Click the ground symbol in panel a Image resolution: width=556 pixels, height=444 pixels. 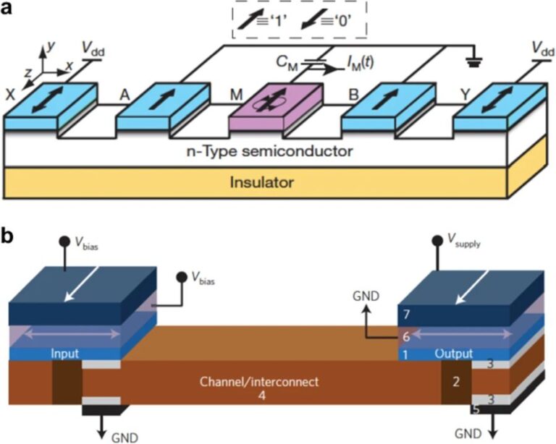(474, 64)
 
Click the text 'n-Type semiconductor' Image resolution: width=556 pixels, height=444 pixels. (278, 152)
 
